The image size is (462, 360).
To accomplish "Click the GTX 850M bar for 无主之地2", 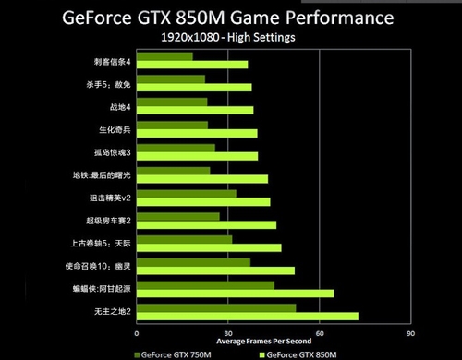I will tap(247, 316).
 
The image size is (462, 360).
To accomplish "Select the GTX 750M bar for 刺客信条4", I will tap(164, 57).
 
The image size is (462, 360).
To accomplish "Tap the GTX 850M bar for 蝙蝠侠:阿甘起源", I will tap(235, 294).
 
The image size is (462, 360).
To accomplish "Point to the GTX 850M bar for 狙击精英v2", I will tap(203, 201).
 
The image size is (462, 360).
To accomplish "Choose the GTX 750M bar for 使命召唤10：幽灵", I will tap(193, 263).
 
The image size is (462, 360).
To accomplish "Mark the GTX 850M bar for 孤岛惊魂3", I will tap(197, 155).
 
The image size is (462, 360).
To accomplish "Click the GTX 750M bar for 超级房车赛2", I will tap(177, 217).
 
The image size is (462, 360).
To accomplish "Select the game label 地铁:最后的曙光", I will tap(102, 175).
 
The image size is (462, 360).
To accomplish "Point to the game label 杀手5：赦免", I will tap(109, 85).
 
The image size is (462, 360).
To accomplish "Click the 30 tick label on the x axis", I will tap(227, 333).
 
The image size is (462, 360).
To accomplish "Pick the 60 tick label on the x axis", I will tap(319, 333).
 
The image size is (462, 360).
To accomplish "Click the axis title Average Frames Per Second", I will tap(273, 342).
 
